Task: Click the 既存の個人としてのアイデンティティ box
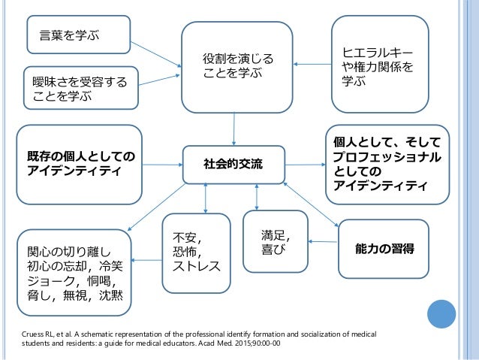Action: pos(80,164)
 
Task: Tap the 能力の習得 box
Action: pos(384,247)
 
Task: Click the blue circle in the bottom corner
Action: pos(441,316)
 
